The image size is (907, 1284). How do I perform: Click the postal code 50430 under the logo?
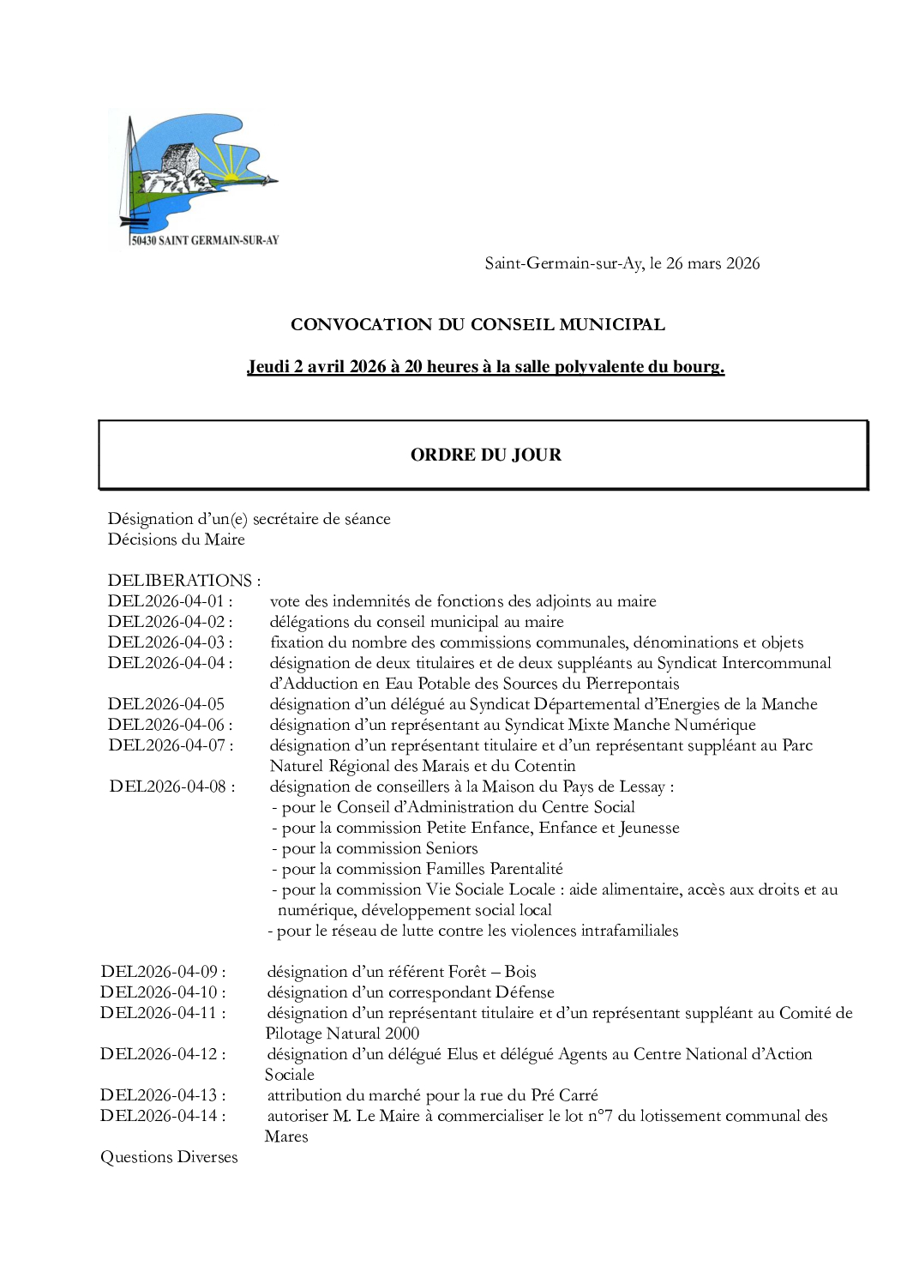point(144,241)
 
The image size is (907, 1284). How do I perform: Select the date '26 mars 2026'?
point(713,263)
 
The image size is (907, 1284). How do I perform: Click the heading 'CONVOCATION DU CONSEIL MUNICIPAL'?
point(478,324)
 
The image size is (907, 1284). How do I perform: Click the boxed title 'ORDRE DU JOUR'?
point(485,455)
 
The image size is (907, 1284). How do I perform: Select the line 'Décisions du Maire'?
point(176,540)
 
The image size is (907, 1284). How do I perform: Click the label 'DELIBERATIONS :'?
point(183,581)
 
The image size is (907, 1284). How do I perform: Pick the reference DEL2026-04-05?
point(166,704)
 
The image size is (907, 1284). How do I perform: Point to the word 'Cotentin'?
point(544,766)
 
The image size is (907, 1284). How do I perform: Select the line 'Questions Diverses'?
point(169,1157)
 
